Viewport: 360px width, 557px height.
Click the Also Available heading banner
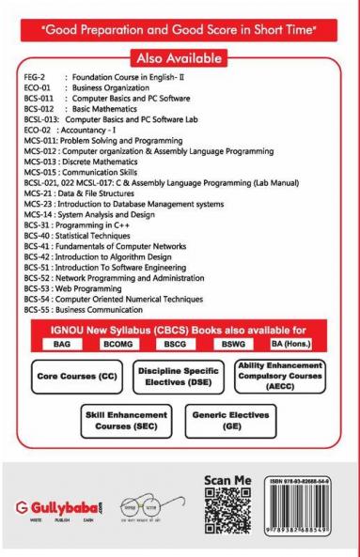pos(180,48)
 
